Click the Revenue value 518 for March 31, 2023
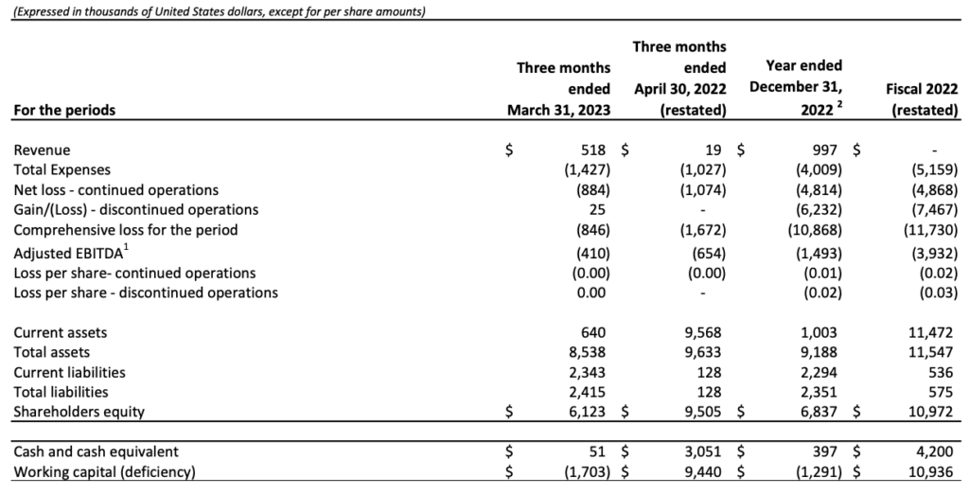point(592,150)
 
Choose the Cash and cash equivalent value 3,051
point(703,451)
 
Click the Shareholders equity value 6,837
point(819,412)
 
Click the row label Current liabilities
point(69,373)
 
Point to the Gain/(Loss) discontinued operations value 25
point(598,209)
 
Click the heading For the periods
point(64,110)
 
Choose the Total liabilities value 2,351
point(819,393)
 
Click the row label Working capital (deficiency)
point(104,472)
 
